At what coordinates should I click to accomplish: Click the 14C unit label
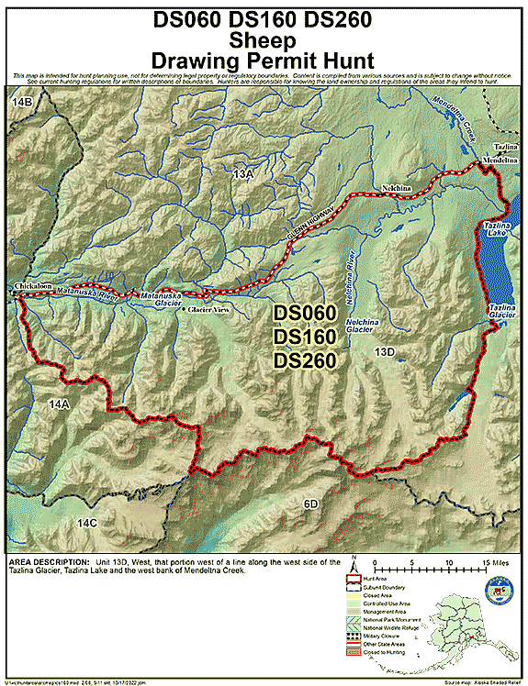[x=86, y=522]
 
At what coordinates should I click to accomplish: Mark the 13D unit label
[x=384, y=351]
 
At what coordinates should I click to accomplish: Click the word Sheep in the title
[x=263, y=40]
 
